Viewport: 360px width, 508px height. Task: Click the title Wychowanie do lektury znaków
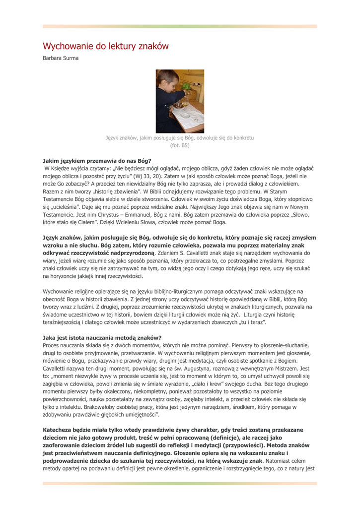pos(105,46)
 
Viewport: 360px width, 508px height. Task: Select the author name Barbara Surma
pos(61,59)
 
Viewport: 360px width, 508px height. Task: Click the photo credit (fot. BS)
pos(180,146)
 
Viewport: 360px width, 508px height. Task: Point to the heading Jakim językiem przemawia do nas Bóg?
pos(93,161)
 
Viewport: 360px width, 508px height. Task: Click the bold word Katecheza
pos(60,429)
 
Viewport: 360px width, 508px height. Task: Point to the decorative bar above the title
pos(180,26)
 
